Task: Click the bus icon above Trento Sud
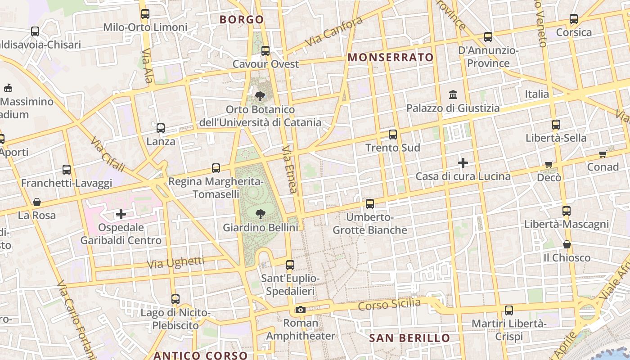click(x=393, y=134)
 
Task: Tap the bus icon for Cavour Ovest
click(x=265, y=51)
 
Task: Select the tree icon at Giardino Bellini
click(x=260, y=214)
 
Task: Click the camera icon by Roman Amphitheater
click(x=301, y=310)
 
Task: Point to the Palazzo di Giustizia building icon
click(x=453, y=95)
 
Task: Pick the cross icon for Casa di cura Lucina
click(x=463, y=162)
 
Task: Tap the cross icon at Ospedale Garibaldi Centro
click(x=121, y=214)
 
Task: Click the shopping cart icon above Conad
click(x=603, y=154)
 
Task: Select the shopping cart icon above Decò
click(x=549, y=165)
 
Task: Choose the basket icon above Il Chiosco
click(x=567, y=244)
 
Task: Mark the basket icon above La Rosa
click(x=37, y=202)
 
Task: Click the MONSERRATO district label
click(x=391, y=57)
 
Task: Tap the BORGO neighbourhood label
click(x=242, y=19)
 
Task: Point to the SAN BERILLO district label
click(x=409, y=338)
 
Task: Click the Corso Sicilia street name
click(x=389, y=305)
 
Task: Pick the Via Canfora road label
click(x=333, y=31)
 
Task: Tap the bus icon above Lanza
click(x=161, y=128)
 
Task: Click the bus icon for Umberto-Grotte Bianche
click(x=370, y=204)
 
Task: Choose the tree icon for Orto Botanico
click(x=260, y=96)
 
